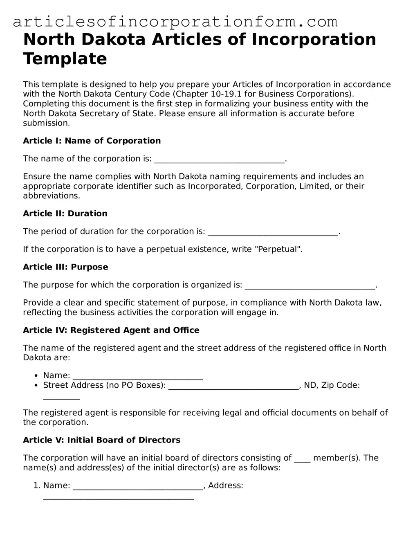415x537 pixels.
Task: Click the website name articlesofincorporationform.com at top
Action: (175, 21)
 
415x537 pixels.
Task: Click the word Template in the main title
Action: (65, 58)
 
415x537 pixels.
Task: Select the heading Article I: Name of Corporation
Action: (92, 141)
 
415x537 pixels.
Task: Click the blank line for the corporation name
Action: (219, 161)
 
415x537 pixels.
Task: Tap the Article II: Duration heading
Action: (65, 213)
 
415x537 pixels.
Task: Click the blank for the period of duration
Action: (273, 234)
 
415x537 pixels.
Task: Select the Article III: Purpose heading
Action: (65, 267)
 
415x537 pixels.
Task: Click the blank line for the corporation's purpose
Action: (310, 287)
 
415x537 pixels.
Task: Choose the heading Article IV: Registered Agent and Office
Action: (111, 330)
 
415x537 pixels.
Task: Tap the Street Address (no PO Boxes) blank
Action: (233, 387)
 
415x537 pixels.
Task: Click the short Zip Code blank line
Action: (61, 397)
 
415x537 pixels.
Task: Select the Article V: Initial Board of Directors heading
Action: (102, 440)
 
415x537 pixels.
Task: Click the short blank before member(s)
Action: (302, 460)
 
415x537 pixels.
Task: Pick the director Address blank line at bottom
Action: (119, 497)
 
